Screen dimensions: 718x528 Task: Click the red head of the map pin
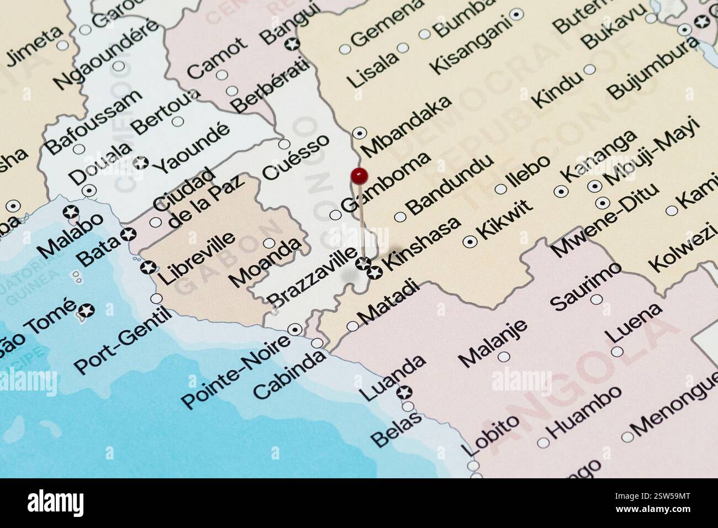click(359, 176)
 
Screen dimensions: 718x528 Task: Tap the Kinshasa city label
click(423, 244)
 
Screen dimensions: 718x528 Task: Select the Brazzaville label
click(312, 277)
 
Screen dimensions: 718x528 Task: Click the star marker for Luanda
click(405, 393)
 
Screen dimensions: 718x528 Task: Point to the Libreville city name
click(197, 258)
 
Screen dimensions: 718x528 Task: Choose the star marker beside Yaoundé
click(142, 162)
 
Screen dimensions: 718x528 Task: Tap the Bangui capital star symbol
click(291, 44)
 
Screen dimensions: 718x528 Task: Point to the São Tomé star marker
click(87, 310)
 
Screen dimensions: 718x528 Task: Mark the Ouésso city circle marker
click(284, 144)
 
